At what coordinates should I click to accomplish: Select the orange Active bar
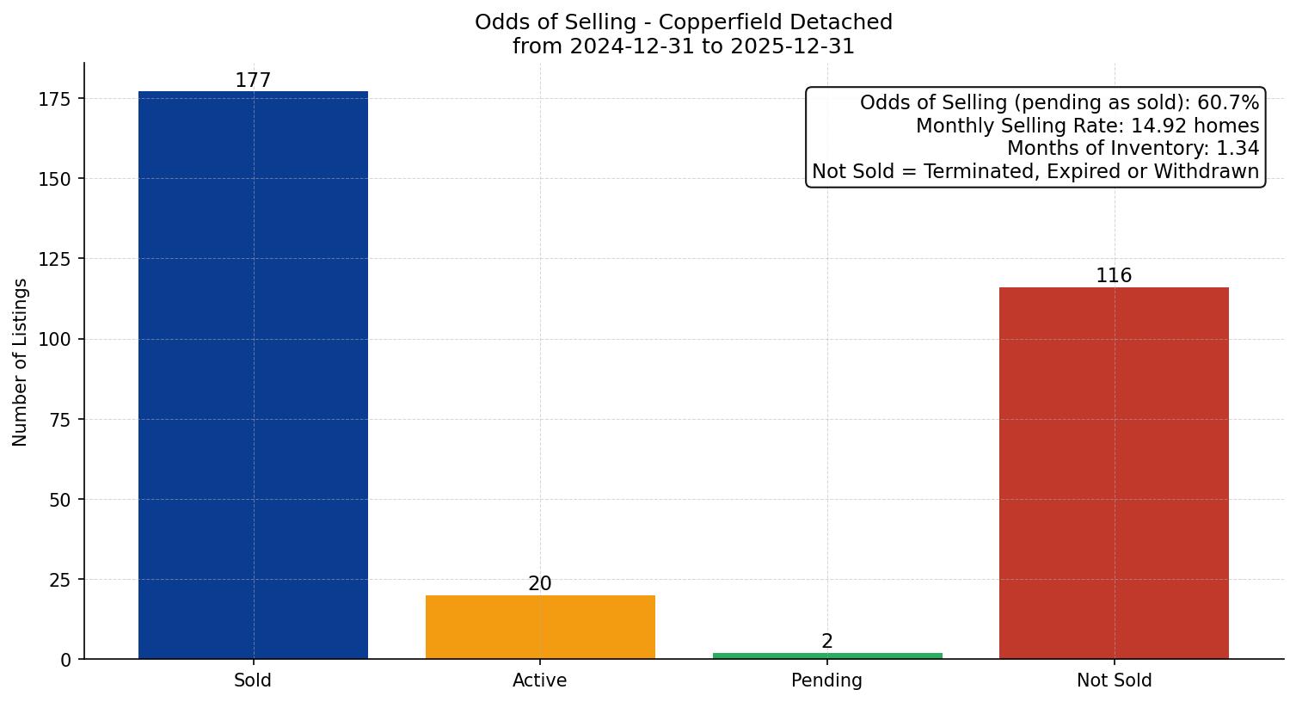(540, 627)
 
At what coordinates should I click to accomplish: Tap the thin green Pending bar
(827, 656)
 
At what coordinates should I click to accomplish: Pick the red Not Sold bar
(1114, 473)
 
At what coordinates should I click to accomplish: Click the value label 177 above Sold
(253, 81)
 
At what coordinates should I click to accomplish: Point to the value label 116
(1114, 276)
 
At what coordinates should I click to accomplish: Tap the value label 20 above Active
(540, 584)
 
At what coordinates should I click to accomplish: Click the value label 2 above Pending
(827, 642)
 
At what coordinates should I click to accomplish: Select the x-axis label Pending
(826, 681)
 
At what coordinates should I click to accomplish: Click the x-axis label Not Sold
(1114, 681)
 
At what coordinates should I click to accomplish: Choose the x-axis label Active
(539, 681)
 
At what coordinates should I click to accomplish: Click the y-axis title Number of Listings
(21, 362)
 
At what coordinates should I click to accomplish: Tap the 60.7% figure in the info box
(1228, 103)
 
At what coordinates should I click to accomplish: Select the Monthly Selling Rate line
(1087, 126)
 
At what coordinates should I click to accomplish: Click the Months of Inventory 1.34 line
(1133, 149)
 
